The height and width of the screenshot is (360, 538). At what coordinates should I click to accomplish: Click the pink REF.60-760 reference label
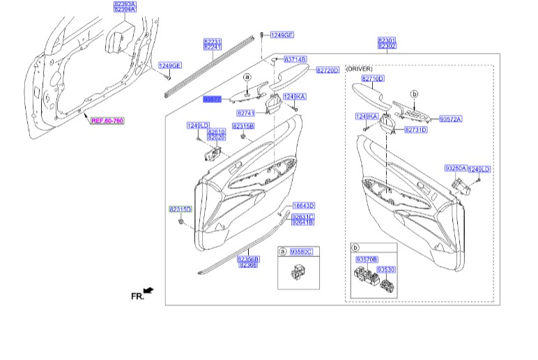coord(107,120)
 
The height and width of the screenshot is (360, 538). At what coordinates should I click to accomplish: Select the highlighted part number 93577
coord(212,100)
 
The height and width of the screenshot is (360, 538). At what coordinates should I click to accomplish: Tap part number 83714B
coord(295,60)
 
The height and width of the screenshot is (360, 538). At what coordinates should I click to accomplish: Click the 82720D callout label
coord(327,70)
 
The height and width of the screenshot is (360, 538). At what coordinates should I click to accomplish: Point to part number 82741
coord(246,113)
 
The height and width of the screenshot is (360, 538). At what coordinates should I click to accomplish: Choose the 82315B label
coord(243,126)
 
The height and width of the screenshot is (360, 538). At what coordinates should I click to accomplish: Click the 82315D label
coord(180,209)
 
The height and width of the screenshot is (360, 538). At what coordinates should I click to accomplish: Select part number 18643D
coord(303,206)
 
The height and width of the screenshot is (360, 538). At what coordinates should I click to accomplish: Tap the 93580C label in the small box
coord(302,251)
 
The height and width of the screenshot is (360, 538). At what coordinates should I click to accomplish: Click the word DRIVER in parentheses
coord(360,69)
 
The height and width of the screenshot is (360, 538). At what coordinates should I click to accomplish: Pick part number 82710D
coord(373,79)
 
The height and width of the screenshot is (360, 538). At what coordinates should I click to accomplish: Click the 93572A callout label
coord(451,119)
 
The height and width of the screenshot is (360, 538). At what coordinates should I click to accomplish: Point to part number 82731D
coord(416,130)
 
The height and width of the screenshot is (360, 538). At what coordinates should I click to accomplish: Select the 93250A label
coord(456,169)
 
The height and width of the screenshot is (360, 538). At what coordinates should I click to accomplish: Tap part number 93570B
coord(367,259)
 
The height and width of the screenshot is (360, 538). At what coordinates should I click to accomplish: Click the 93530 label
coord(386,268)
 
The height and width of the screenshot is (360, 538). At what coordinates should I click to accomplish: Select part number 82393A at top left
coord(125,3)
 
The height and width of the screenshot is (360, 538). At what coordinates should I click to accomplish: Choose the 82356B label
coord(249,259)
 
